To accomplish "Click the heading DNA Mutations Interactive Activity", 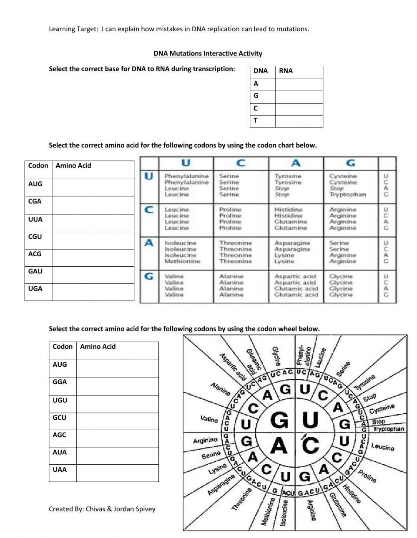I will coord(208,53).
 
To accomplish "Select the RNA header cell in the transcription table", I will coord(286,71).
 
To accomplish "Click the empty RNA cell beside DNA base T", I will coord(299,121).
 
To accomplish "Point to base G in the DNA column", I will coord(256,96).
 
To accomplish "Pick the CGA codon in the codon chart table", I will coord(35,201).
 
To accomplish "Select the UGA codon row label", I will coord(35,288).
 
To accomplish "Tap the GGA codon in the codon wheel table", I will coord(60,382).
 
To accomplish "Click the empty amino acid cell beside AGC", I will coord(117,438).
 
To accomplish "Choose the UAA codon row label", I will coord(60,469).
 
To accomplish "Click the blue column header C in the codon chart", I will coord(241,163).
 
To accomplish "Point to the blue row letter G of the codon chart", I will coord(149,276).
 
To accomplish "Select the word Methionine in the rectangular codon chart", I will coord(182,261).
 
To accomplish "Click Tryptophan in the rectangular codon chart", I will coord(347,195).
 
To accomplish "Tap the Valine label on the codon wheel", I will coord(209,419).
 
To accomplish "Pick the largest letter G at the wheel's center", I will coord(280,420).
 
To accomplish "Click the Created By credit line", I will coord(102,509).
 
